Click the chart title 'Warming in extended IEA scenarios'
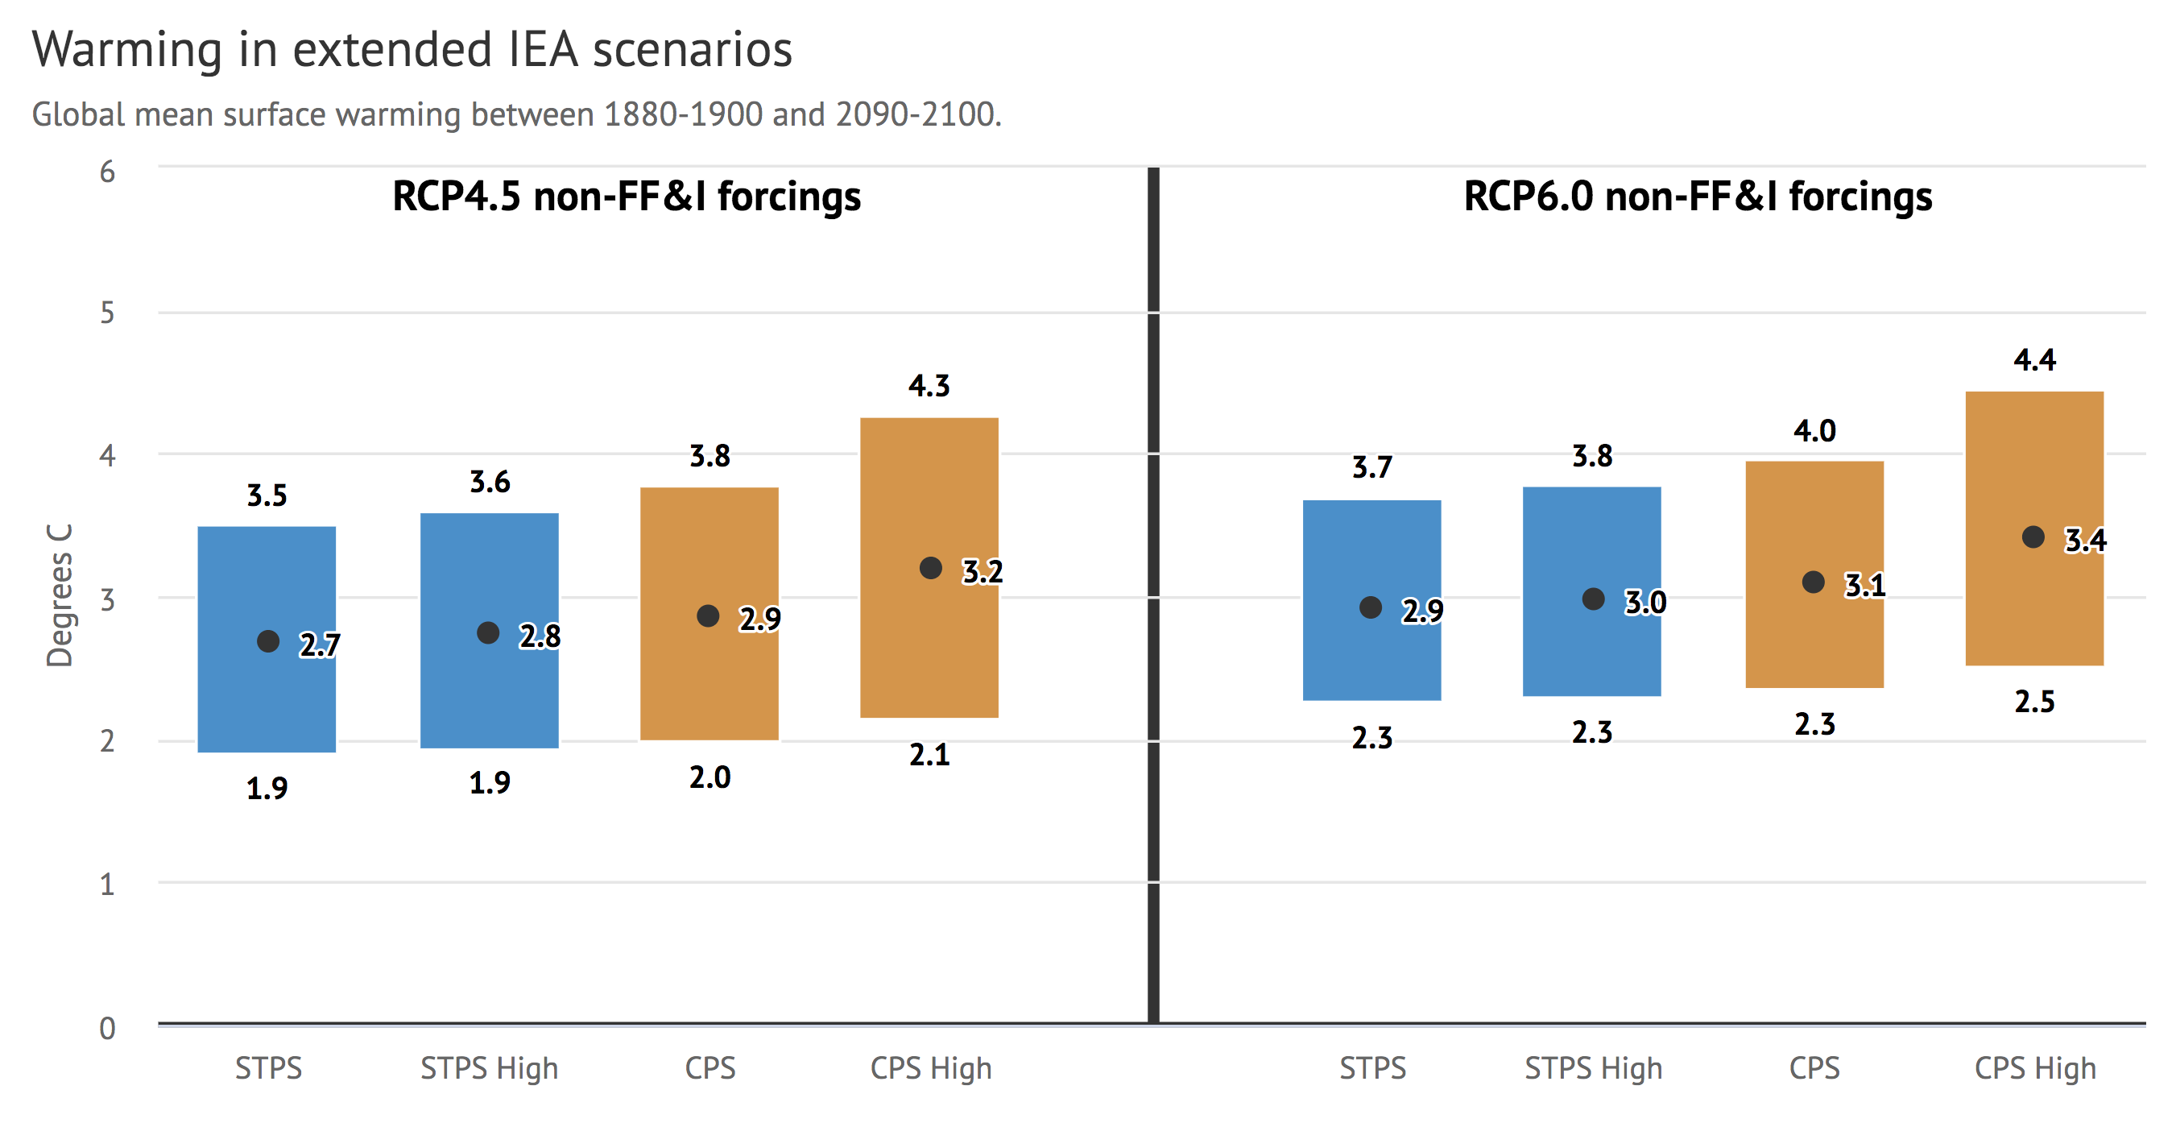pyautogui.click(x=412, y=49)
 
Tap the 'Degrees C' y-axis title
pyautogui.click(x=59, y=595)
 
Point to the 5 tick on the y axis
pyautogui.click(x=107, y=313)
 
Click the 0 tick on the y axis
pyautogui.click(x=107, y=1027)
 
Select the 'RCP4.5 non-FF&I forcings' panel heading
pyautogui.click(x=626, y=196)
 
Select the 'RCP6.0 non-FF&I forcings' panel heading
pyautogui.click(x=1697, y=196)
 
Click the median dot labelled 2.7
pyautogui.click(x=268, y=641)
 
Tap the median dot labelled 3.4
pyautogui.click(x=2033, y=537)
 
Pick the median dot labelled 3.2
pyautogui.click(x=930, y=568)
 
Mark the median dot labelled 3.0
pyautogui.click(x=1592, y=599)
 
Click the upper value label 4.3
pyautogui.click(x=929, y=386)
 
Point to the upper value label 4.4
pyautogui.click(x=2034, y=360)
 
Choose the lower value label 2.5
pyautogui.click(x=2034, y=702)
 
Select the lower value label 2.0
pyautogui.click(x=709, y=777)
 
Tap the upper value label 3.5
pyautogui.click(x=267, y=495)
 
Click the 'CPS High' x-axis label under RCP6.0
pyautogui.click(x=2035, y=1068)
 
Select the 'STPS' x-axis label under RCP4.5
pyautogui.click(x=268, y=1068)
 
